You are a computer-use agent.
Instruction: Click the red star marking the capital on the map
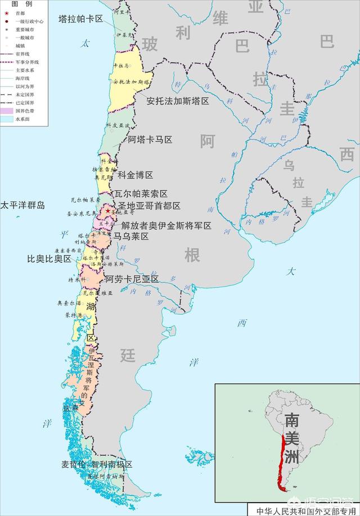[x=108, y=211]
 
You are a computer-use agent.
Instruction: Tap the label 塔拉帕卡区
[x=80, y=19]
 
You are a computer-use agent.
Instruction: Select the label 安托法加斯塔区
[x=178, y=101]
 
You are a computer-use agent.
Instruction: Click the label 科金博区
[x=135, y=175]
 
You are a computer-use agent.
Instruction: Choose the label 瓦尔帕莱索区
[x=141, y=193]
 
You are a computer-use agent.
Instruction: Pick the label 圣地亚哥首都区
[x=148, y=206]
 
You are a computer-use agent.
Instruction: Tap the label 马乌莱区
[x=131, y=237]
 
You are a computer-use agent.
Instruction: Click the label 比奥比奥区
[x=49, y=259]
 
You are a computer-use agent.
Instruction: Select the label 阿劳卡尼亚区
[x=132, y=279]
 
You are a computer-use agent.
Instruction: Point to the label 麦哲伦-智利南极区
[x=97, y=464]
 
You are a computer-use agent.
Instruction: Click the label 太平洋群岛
[x=22, y=205]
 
